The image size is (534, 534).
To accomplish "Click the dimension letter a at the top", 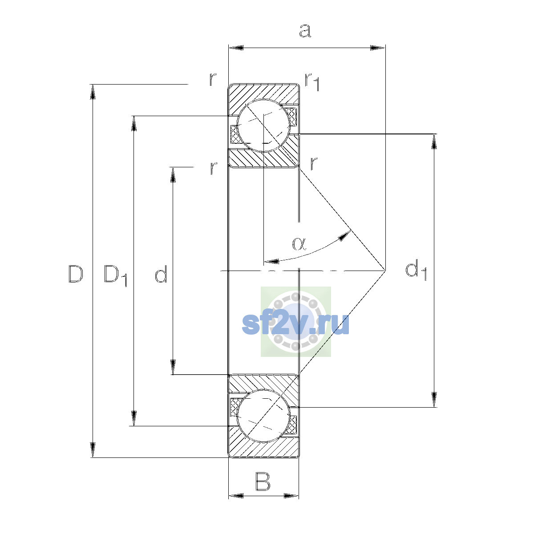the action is (x=305, y=31).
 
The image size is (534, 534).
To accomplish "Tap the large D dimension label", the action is (x=76, y=274).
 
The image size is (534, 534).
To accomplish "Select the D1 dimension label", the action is (x=115, y=275).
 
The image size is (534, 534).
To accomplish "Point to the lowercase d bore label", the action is (x=161, y=274).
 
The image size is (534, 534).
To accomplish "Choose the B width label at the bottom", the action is (x=263, y=481).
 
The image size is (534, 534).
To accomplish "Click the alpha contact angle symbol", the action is (x=299, y=244).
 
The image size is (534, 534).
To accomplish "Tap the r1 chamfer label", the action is (x=312, y=82).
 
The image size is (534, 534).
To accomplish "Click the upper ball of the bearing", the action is (x=264, y=125).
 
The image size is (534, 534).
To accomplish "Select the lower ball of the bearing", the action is (x=263, y=416).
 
